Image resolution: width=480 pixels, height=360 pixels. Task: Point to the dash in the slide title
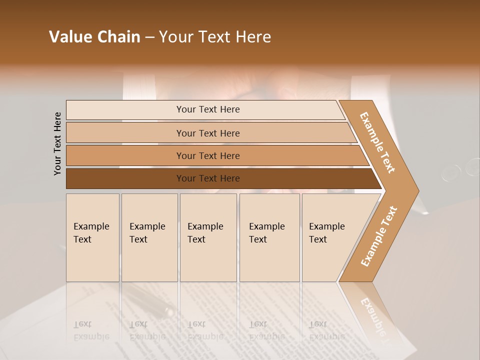[x=149, y=37]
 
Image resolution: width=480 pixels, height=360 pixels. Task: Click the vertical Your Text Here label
[x=57, y=143]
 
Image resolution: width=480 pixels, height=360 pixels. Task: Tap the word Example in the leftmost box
[x=91, y=226]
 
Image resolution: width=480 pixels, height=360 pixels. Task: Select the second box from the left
[x=149, y=237]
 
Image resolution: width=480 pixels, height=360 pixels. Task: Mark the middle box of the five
[x=208, y=237]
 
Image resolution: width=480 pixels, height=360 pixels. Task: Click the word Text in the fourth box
[x=258, y=239]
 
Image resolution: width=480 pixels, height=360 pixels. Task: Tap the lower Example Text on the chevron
[x=378, y=236]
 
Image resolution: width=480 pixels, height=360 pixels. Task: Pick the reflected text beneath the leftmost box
[x=91, y=330]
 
